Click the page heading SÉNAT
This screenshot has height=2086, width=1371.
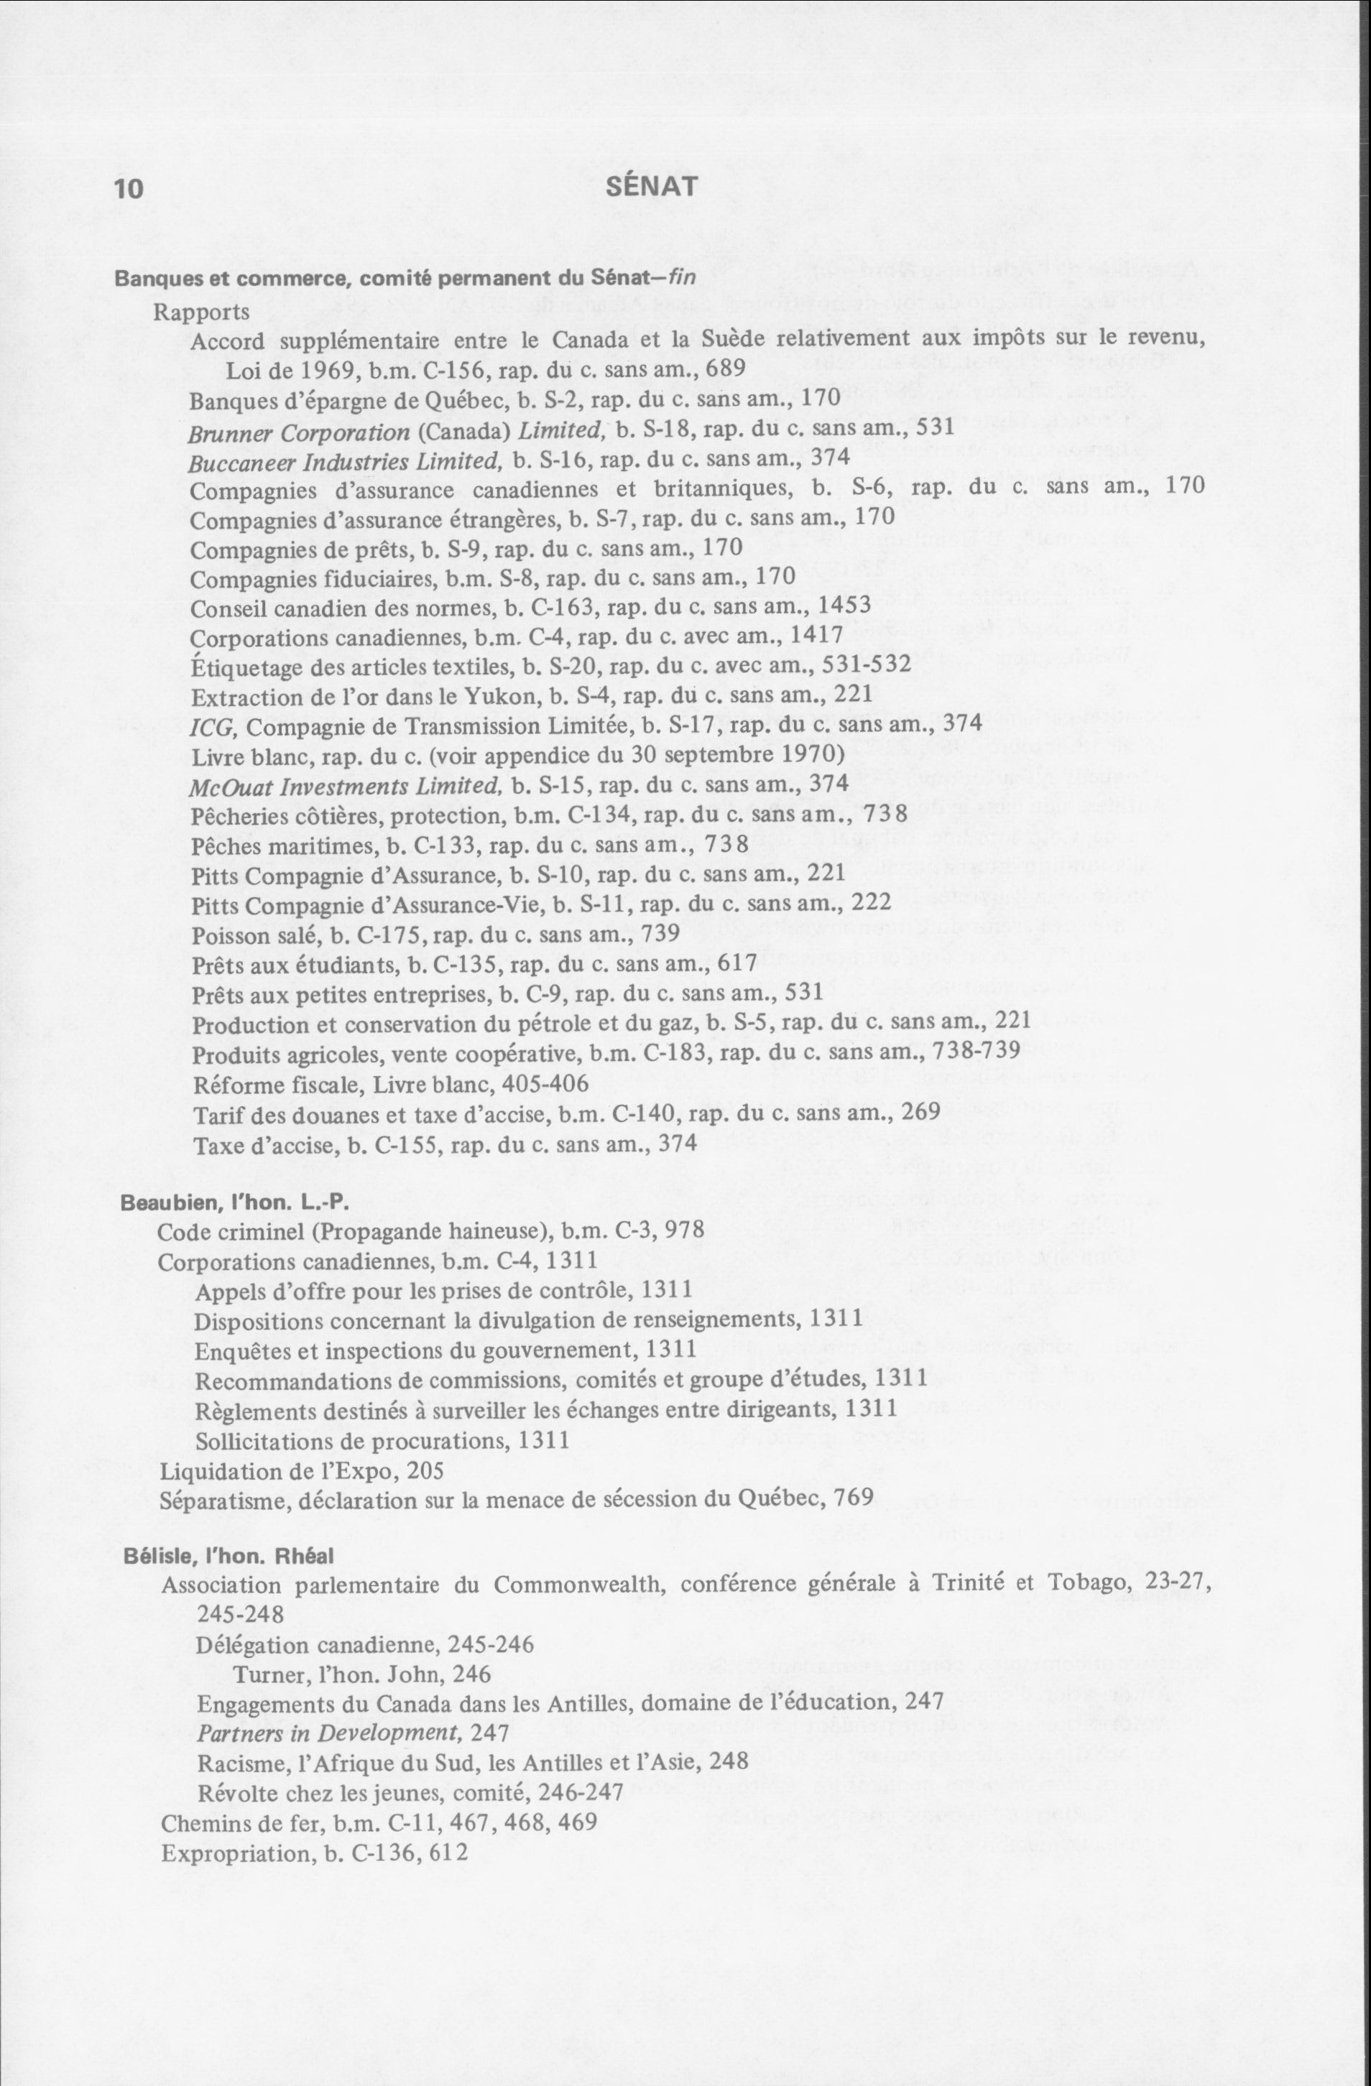coord(651,187)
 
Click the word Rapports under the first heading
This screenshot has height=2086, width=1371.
coord(202,311)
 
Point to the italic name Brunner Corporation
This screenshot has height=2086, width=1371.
coord(299,432)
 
